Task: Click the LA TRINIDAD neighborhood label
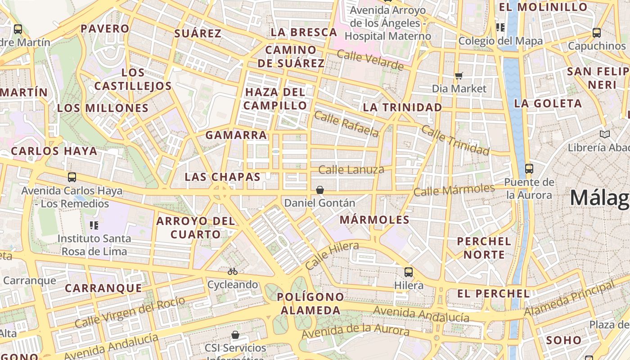click(x=402, y=107)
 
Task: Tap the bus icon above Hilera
click(x=409, y=272)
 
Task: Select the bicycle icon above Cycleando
click(x=233, y=271)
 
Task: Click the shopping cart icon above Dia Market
click(x=459, y=76)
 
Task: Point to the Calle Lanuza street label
click(x=351, y=170)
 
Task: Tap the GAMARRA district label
click(x=236, y=135)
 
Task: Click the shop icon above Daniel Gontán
click(x=320, y=190)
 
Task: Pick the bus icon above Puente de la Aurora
click(x=529, y=169)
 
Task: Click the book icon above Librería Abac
click(x=605, y=134)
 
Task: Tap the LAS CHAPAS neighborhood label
click(x=223, y=177)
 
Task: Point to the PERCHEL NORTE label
click(x=484, y=248)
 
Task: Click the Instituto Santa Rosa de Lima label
click(x=94, y=245)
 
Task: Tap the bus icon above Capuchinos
click(x=597, y=33)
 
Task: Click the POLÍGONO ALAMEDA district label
click(x=310, y=304)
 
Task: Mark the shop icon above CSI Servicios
click(x=235, y=335)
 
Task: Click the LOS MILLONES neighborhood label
click(x=103, y=108)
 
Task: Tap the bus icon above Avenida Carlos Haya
click(x=72, y=177)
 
